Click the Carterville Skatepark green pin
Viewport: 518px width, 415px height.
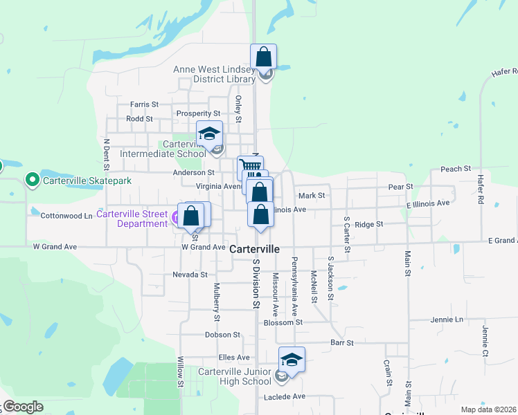(x=32, y=181)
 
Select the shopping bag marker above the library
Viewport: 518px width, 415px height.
(x=264, y=57)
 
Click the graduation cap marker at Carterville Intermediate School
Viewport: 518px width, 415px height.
(x=209, y=133)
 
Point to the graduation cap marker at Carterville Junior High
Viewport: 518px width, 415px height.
(x=292, y=360)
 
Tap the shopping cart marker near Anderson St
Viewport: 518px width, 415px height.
(x=250, y=167)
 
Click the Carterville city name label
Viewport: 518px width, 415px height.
(x=254, y=248)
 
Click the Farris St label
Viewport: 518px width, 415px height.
(x=144, y=104)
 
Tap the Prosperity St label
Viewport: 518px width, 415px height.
(x=198, y=113)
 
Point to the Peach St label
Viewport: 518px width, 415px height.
(x=456, y=169)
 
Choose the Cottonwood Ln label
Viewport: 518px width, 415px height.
(x=66, y=216)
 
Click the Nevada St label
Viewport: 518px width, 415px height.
(x=190, y=275)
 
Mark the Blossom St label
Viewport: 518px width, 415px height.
(x=283, y=322)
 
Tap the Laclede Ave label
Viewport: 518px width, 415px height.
(x=285, y=397)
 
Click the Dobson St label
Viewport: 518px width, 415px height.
(x=222, y=335)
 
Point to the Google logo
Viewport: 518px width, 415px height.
(x=23, y=407)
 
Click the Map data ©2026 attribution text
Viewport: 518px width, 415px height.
(x=488, y=409)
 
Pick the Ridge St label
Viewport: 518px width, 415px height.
(x=368, y=224)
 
